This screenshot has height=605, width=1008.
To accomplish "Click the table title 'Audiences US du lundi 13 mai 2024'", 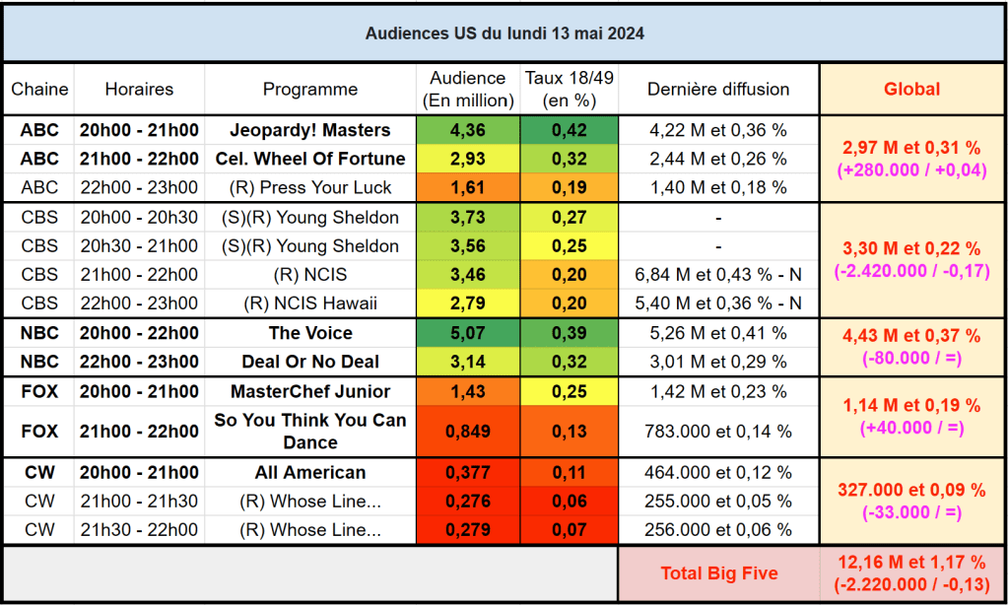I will (504, 33).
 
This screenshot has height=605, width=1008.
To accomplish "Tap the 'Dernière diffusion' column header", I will (718, 89).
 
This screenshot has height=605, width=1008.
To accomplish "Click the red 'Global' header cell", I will (911, 89).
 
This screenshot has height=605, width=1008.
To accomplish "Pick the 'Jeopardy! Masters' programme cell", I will (309, 130).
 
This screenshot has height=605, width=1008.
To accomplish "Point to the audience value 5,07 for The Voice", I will (467, 333).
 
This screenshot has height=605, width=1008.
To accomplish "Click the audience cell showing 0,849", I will (467, 431).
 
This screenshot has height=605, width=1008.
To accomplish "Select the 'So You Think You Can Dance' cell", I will (309, 431).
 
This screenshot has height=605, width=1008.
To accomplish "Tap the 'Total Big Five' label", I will (718, 573).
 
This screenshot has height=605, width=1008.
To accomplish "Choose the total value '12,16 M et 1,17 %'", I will (911, 563).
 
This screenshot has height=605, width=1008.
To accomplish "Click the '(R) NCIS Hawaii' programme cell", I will (309, 302).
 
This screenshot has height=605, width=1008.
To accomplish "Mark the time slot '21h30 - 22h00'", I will (139, 530).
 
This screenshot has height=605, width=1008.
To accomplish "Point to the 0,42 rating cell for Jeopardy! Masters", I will (569, 130).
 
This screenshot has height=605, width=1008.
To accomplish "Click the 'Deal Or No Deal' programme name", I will (309, 362).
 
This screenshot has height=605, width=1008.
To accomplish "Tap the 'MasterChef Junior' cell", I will (309, 391).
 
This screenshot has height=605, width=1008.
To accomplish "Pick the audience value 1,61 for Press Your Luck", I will (467, 187).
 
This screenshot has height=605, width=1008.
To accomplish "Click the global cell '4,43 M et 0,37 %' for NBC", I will (911, 337).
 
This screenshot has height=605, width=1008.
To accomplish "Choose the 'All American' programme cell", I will (309, 473).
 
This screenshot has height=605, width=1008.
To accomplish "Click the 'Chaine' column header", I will (39, 89).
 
